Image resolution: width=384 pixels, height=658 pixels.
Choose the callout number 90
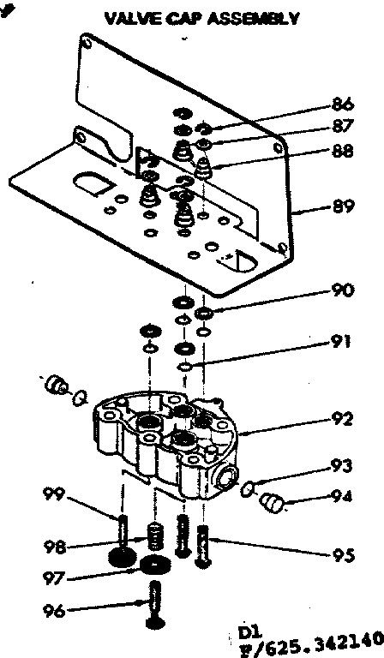(x=341, y=290)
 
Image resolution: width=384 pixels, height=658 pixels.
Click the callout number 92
(x=341, y=420)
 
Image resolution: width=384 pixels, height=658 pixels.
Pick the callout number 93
(x=342, y=467)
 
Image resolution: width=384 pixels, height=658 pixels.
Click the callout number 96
(x=55, y=611)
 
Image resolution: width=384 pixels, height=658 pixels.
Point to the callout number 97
(x=55, y=578)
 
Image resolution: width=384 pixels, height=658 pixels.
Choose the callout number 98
(x=55, y=546)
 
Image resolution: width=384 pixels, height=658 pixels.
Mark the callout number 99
(x=54, y=493)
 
